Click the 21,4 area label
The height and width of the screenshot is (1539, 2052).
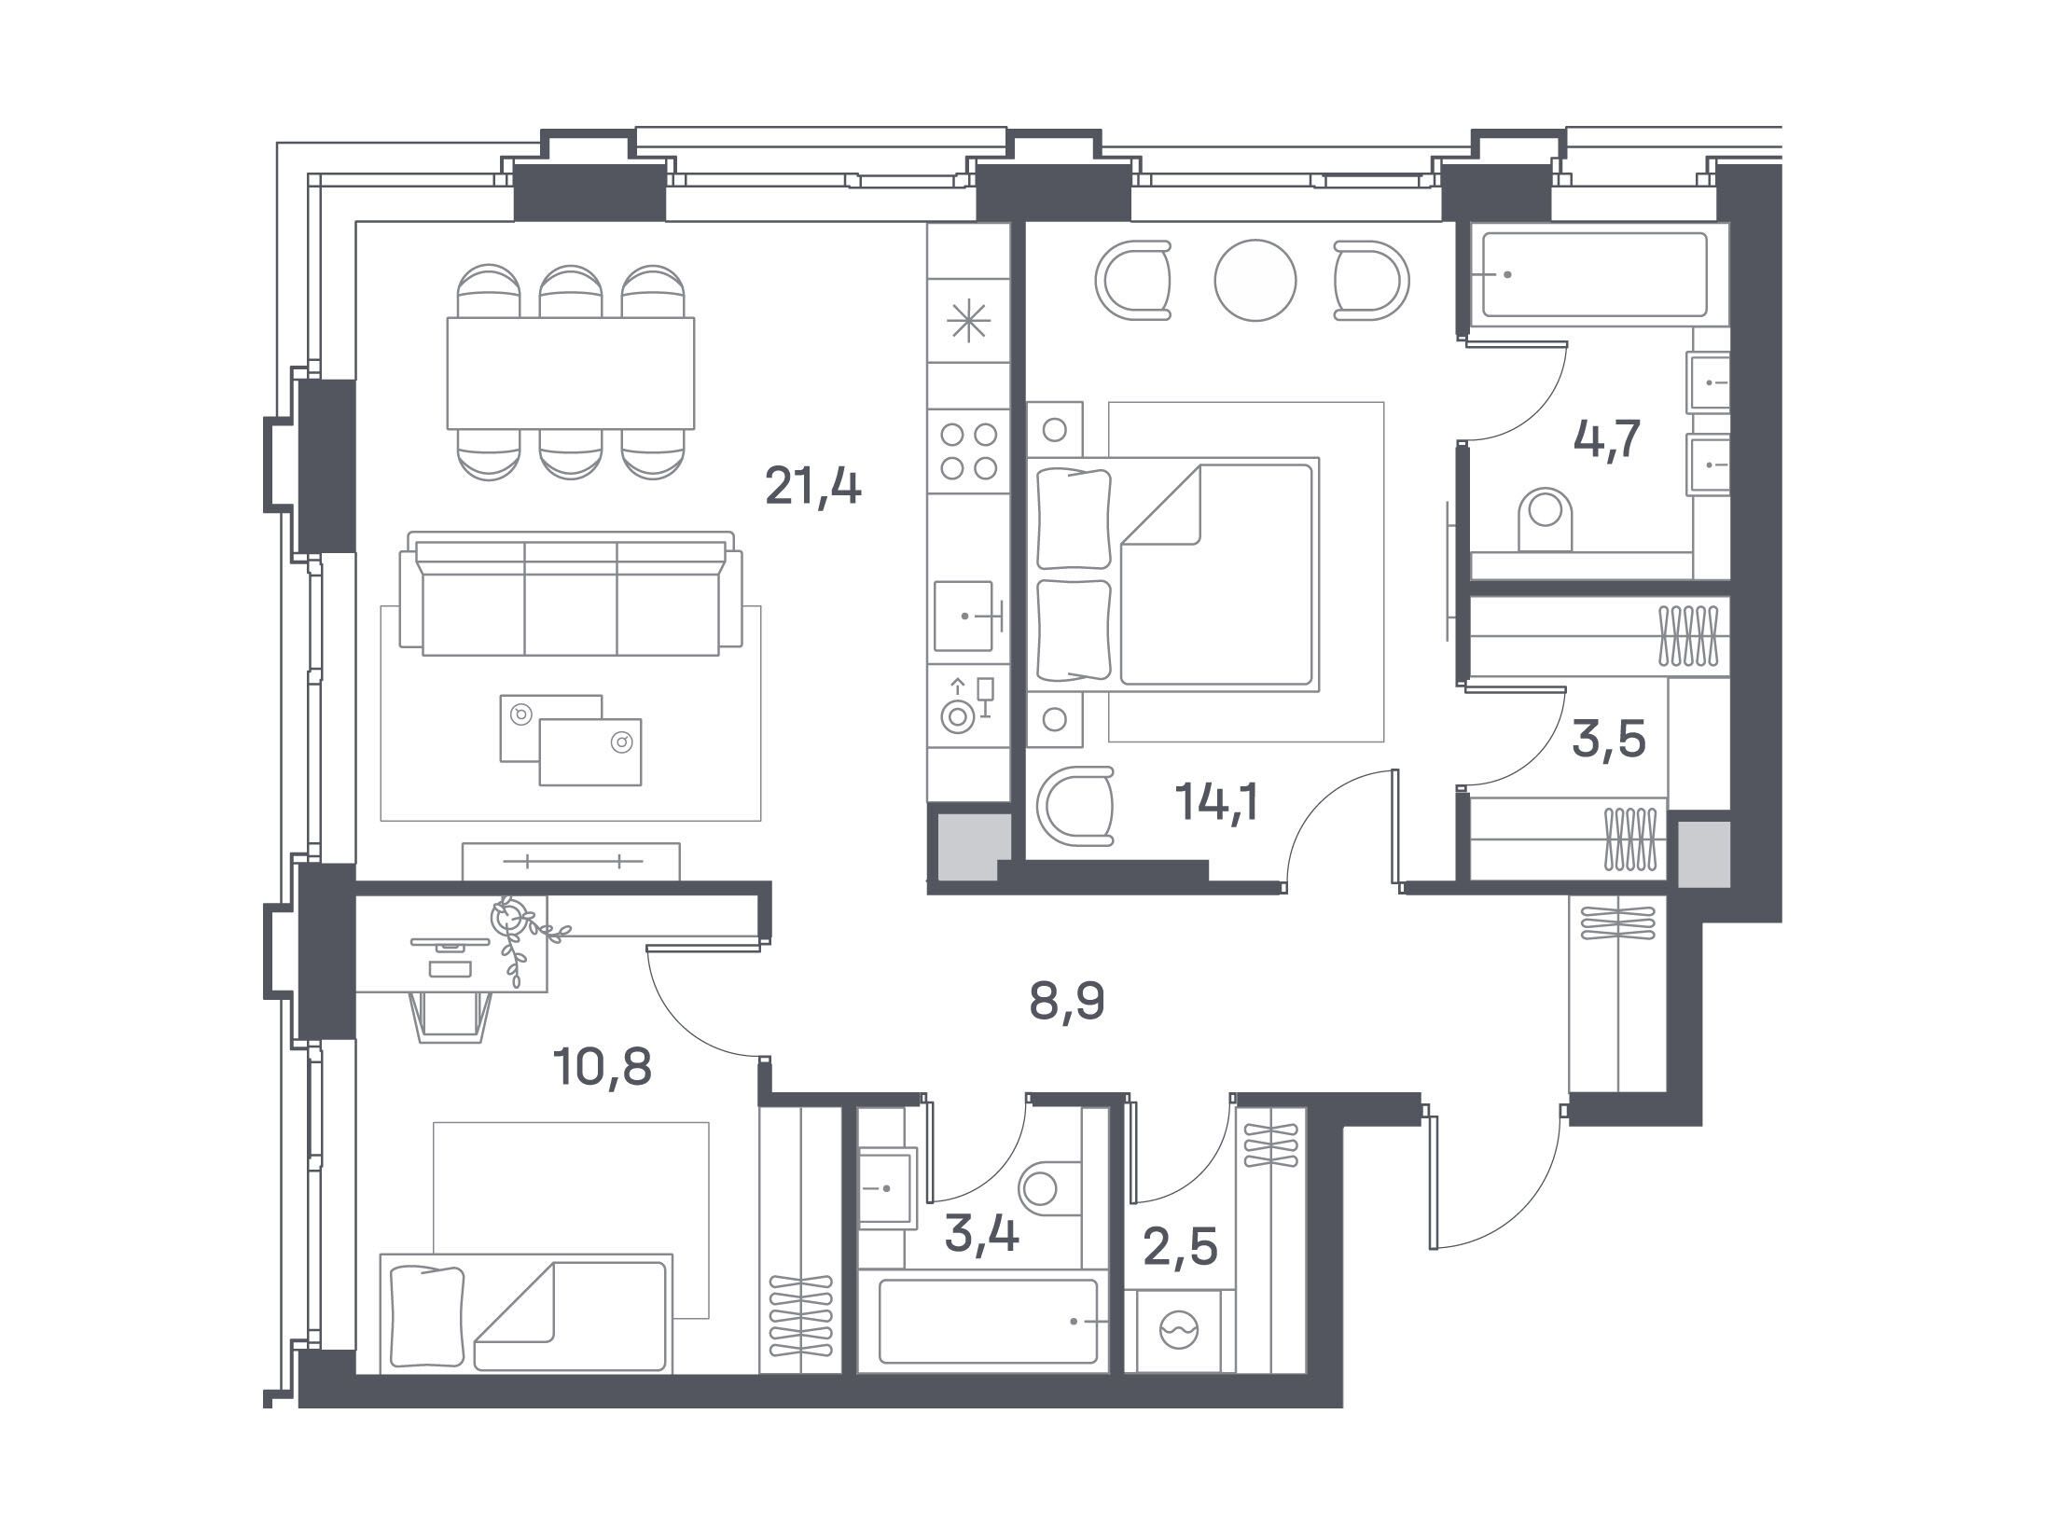click(812, 486)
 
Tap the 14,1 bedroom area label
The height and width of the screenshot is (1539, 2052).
click(1218, 801)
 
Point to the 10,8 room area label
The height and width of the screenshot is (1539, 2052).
click(602, 1067)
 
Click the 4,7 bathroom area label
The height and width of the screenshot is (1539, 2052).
click(1606, 440)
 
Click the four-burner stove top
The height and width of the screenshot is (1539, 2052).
click(969, 451)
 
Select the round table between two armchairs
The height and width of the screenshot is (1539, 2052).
click(1255, 281)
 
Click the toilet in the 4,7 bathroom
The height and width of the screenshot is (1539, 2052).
click(1546, 520)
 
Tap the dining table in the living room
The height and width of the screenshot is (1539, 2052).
click(571, 373)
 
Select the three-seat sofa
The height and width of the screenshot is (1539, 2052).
click(571, 594)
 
